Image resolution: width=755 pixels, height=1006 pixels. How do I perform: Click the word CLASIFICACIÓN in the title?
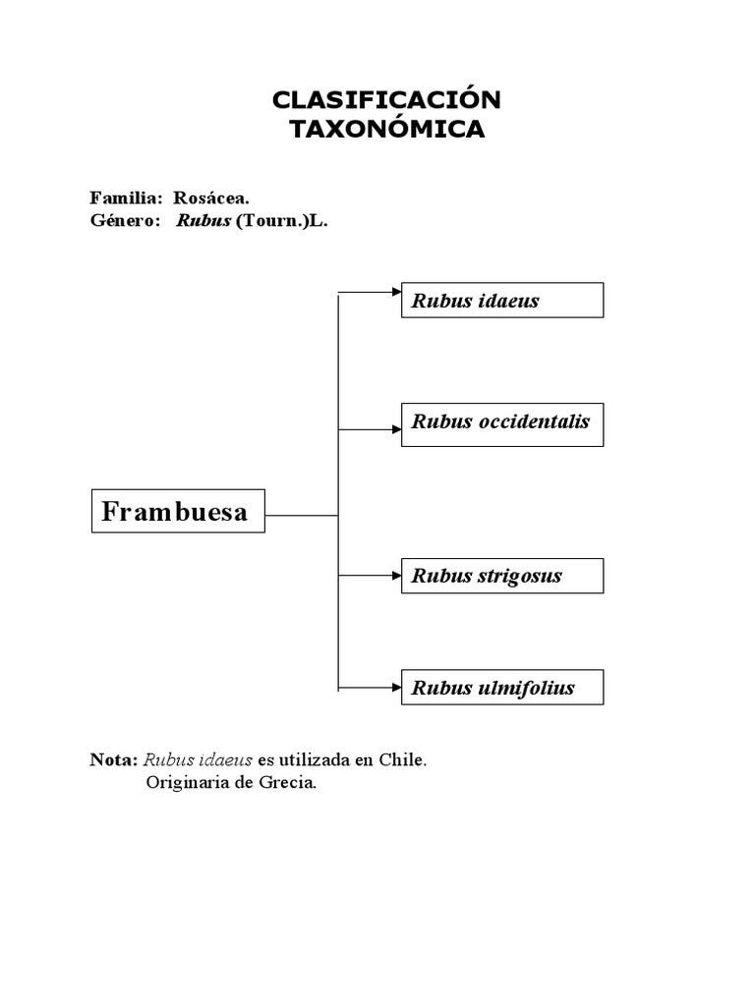(x=386, y=99)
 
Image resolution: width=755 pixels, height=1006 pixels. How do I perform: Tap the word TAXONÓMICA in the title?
(x=386, y=129)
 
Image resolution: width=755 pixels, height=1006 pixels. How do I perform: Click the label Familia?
(x=125, y=197)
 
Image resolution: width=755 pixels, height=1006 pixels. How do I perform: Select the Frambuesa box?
(x=178, y=511)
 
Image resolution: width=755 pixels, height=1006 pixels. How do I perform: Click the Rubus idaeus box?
(x=502, y=301)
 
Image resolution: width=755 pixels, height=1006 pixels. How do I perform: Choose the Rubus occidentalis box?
(x=502, y=423)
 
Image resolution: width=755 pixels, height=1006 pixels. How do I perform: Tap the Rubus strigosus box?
(x=502, y=576)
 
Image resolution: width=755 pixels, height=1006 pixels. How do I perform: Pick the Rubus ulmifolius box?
(x=502, y=688)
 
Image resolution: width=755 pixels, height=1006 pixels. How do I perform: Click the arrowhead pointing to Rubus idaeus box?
(x=396, y=292)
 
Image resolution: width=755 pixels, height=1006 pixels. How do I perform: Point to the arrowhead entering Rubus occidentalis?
(x=396, y=429)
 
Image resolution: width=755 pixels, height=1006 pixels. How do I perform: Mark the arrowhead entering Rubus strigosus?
(x=396, y=574)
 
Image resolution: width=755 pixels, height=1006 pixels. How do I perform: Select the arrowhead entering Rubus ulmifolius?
(x=396, y=687)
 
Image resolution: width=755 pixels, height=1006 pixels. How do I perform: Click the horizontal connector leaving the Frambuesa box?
(x=301, y=514)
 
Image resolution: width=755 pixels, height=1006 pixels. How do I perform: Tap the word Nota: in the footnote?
(x=114, y=760)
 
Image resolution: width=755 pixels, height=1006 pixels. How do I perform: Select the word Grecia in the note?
(x=290, y=783)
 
